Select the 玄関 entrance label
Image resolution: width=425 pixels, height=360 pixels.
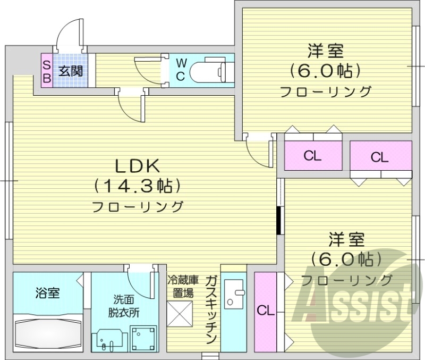point(70,70)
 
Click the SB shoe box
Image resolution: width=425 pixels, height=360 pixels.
point(46,71)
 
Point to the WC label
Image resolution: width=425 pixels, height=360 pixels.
point(180,70)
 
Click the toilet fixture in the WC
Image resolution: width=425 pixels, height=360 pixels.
point(210,71)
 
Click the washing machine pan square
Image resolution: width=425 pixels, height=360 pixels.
point(143,338)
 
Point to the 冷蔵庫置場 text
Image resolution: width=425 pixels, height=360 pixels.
point(183,286)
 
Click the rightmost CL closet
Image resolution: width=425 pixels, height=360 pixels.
point(380,156)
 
